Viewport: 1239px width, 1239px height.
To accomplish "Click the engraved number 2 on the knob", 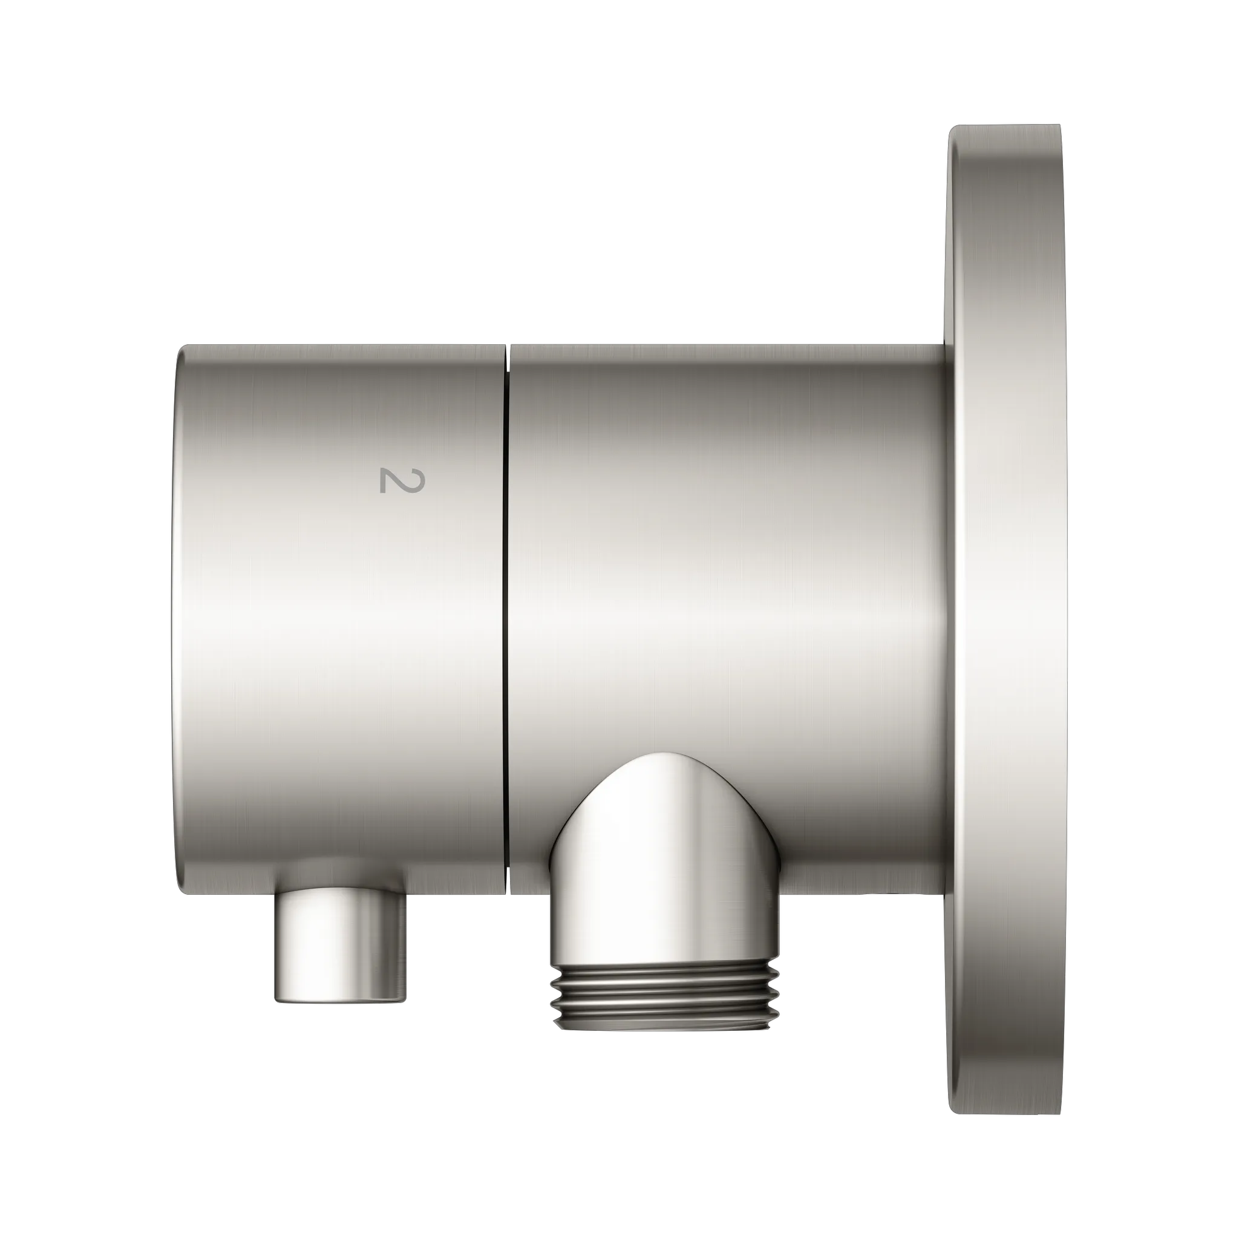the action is [402, 481].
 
